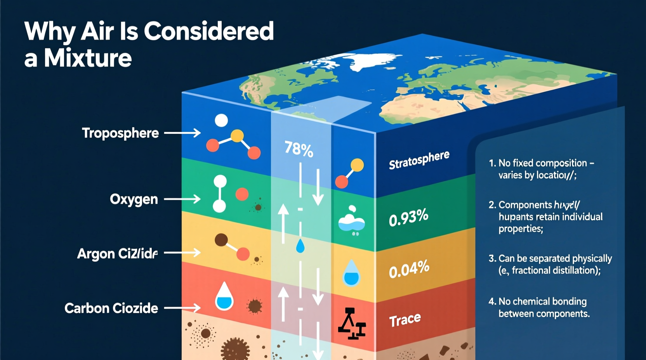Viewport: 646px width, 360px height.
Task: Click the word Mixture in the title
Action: (x=88, y=59)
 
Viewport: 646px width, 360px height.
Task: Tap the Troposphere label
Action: (x=120, y=133)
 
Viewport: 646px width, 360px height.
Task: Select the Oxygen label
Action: (x=134, y=199)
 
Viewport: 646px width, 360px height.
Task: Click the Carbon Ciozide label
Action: (x=111, y=308)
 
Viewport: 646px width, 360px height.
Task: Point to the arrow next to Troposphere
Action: (x=182, y=133)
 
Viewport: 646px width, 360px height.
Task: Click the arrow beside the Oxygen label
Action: (x=182, y=199)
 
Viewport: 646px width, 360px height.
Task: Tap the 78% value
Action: (x=299, y=149)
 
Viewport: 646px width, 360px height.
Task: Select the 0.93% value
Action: (x=408, y=218)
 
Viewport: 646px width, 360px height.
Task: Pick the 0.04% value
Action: (x=409, y=269)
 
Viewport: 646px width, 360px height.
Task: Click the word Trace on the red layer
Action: (x=405, y=320)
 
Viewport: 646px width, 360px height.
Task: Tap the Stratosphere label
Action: (x=419, y=160)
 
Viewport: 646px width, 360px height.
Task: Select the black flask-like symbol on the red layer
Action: (x=352, y=324)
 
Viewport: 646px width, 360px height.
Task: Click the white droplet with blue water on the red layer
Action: (x=224, y=297)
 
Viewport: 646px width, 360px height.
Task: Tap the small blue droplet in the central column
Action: (x=300, y=246)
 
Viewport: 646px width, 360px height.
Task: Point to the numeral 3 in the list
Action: (x=492, y=258)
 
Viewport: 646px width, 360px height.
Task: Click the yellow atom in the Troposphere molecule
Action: (x=237, y=136)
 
